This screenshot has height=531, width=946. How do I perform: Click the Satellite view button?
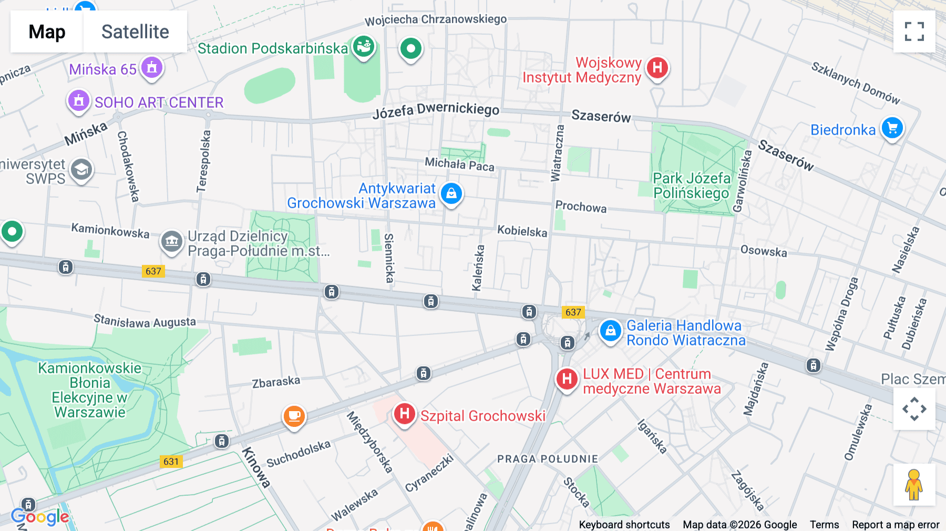click(135, 32)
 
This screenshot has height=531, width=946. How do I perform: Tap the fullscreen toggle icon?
click(914, 32)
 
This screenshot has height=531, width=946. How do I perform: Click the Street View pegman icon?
click(914, 484)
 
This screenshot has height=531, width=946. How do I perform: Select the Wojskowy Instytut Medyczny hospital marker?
click(657, 68)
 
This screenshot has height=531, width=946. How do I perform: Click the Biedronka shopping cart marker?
click(892, 128)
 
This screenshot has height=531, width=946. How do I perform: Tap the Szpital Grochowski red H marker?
click(404, 414)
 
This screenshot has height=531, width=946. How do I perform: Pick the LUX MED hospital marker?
click(567, 379)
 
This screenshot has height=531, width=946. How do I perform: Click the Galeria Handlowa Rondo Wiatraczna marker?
click(610, 331)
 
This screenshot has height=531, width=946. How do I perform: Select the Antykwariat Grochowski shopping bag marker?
click(451, 194)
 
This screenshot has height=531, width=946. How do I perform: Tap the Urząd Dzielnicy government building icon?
click(171, 242)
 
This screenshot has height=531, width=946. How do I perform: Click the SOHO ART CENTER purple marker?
click(79, 100)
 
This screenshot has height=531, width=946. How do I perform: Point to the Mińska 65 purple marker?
click(152, 68)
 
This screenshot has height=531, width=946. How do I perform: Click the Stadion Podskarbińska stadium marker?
click(363, 47)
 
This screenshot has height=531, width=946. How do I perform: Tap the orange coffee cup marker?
click(294, 416)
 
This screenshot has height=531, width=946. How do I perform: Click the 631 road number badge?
click(171, 462)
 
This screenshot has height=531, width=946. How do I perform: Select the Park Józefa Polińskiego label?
click(691, 186)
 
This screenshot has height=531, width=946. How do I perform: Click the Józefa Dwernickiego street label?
click(436, 110)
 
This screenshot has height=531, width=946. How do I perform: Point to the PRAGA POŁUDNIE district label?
click(548, 459)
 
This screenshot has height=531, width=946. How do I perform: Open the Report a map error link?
click(895, 524)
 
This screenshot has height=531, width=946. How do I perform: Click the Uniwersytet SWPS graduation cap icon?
click(81, 170)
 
